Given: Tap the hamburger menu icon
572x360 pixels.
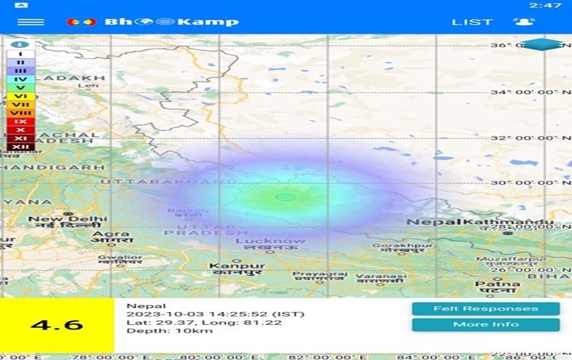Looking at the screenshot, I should point(31,21).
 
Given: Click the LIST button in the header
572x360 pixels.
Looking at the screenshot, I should point(472,21).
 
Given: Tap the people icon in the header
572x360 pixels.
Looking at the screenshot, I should point(524,21).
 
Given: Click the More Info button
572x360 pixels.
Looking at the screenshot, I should point(486,324).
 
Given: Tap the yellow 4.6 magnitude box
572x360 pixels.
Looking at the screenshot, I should point(56,324).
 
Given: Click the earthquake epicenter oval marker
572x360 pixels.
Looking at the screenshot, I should point(285,197).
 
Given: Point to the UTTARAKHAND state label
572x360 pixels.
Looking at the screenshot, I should point(169,182).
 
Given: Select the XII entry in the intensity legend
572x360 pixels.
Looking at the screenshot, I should point(21,146).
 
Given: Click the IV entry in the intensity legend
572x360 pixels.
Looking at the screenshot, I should point(21,79).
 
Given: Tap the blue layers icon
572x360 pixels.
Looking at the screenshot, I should point(544,44).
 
